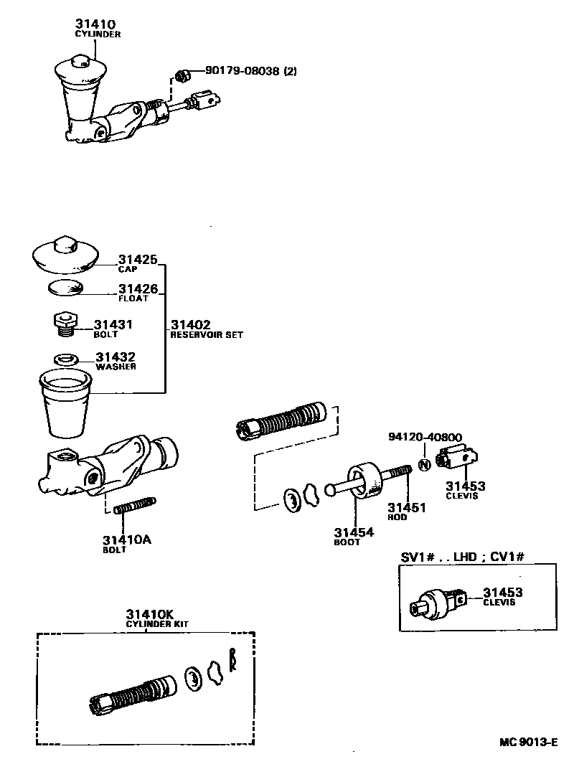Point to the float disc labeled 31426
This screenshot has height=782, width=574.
65,289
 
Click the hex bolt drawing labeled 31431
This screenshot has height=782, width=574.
65,324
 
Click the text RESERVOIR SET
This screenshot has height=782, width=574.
207,334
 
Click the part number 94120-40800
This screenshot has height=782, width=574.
425,437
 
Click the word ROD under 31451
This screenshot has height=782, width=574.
397,517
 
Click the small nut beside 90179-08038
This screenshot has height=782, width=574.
182,74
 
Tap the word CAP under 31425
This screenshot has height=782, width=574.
128,269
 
